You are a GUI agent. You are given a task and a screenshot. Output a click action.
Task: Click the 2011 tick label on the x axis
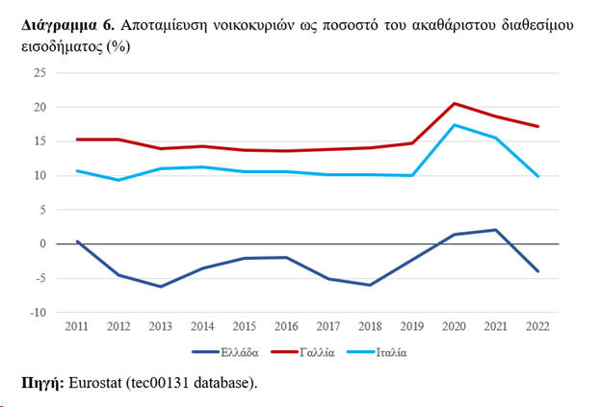pos(77,327)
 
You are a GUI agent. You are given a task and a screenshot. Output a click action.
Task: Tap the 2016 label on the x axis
pos(286,327)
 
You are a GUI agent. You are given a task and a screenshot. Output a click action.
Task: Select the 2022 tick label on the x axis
pos(537,327)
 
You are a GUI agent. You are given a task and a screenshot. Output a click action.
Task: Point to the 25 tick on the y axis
pos(41,73)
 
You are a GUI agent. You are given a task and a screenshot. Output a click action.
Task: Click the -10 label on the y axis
pos(39,313)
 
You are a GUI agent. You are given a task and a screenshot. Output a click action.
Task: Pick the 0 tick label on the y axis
pos(44,244)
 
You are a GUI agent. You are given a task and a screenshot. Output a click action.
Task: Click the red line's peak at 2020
pos(454,103)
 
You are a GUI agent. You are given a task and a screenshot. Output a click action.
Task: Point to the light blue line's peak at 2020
pos(454,125)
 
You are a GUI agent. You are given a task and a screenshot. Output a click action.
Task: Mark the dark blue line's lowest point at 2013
pos(161,287)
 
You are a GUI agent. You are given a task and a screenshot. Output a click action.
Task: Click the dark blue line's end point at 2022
pos(537,271)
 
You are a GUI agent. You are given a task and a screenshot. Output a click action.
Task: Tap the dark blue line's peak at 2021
pos(495,230)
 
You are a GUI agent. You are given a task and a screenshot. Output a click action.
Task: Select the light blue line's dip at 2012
pos(118,180)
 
